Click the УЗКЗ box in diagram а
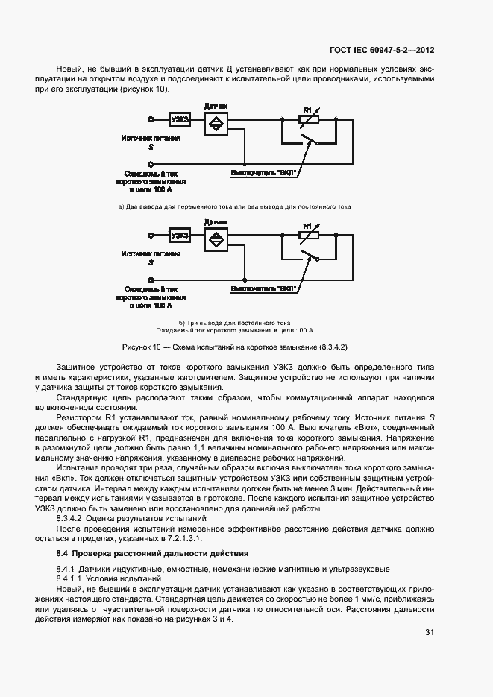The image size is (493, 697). [x=180, y=119]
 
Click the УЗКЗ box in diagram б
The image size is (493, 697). [x=180, y=236]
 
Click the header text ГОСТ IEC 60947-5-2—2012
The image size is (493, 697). [x=382, y=51]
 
